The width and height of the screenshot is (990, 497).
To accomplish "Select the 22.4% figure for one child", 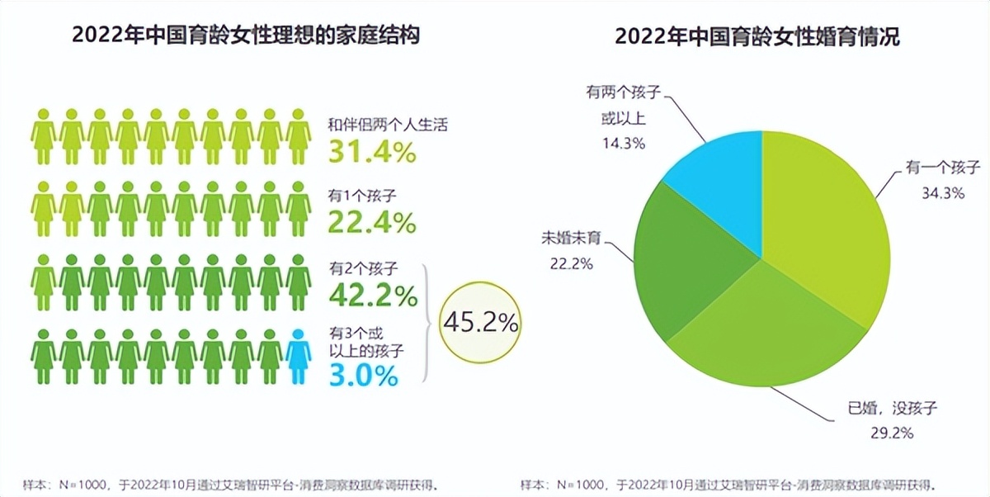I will coord(372,222).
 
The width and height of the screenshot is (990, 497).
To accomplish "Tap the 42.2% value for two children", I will coord(373,295).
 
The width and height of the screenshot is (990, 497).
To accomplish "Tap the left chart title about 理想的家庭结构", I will coord(246,36).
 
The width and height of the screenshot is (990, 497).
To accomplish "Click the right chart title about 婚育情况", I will coord(757,36).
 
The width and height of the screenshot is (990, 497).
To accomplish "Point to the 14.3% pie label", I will coord(624,143).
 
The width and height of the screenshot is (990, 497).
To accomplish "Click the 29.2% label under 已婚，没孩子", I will coord(889,431).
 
